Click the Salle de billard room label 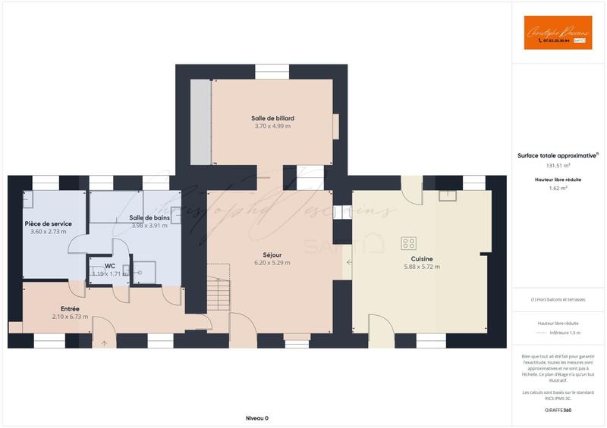[x=272, y=118]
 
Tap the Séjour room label [x=272, y=255]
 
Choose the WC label [x=109, y=266]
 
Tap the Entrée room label [x=70, y=308]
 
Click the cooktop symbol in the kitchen [x=409, y=243]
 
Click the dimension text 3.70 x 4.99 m [x=272, y=126]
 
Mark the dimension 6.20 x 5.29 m [x=272, y=263]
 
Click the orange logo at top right [x=558, y=33]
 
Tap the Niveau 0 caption [x=257, y=418]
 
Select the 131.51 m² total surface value [x=558, y=164]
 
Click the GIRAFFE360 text [x=558, y=410]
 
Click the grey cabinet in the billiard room [x=200, y=120]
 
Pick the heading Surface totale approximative [x=558, y=155]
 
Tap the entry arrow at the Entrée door [x=104, y=343]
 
